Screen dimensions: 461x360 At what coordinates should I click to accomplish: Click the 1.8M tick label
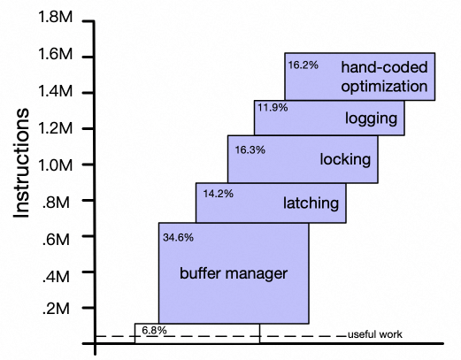[x=56, y=17]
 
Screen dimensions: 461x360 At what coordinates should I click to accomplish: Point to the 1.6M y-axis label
[x=56, y=54]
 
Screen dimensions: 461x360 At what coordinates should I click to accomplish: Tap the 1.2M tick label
[x=56, y=128]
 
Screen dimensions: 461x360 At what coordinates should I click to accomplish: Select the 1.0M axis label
[x=56, y=165]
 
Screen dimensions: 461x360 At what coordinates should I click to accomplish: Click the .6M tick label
[x=56, y=239]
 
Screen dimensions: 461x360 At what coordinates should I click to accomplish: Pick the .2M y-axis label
[x=56, y=309]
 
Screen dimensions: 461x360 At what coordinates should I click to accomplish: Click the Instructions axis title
[x=21, y=163]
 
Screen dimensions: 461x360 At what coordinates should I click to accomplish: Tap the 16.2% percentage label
[x=303, y=65]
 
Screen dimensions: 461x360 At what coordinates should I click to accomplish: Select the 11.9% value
[x=273, y=107]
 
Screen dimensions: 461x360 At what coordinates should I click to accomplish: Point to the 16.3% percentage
[x=250, y=149]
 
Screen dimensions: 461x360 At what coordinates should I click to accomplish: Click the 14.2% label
[x=219, y=194]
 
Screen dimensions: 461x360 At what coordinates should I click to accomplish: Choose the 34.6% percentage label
[x=178, y=237]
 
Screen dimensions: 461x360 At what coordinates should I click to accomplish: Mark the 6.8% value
[x=154, y=330]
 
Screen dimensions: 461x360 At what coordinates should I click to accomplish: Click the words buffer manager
[x=234, y=273]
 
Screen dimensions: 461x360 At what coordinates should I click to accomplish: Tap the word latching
[x=311, y=203]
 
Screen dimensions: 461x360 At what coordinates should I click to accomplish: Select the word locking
[x=345, y=159]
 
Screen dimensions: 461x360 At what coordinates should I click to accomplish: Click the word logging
[x=371, y=119]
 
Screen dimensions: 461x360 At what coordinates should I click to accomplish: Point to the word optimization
[x=384, y=87]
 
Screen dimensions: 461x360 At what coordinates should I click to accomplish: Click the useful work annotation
[x=375, y=334]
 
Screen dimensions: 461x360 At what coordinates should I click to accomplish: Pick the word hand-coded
[x=384, y=67]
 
